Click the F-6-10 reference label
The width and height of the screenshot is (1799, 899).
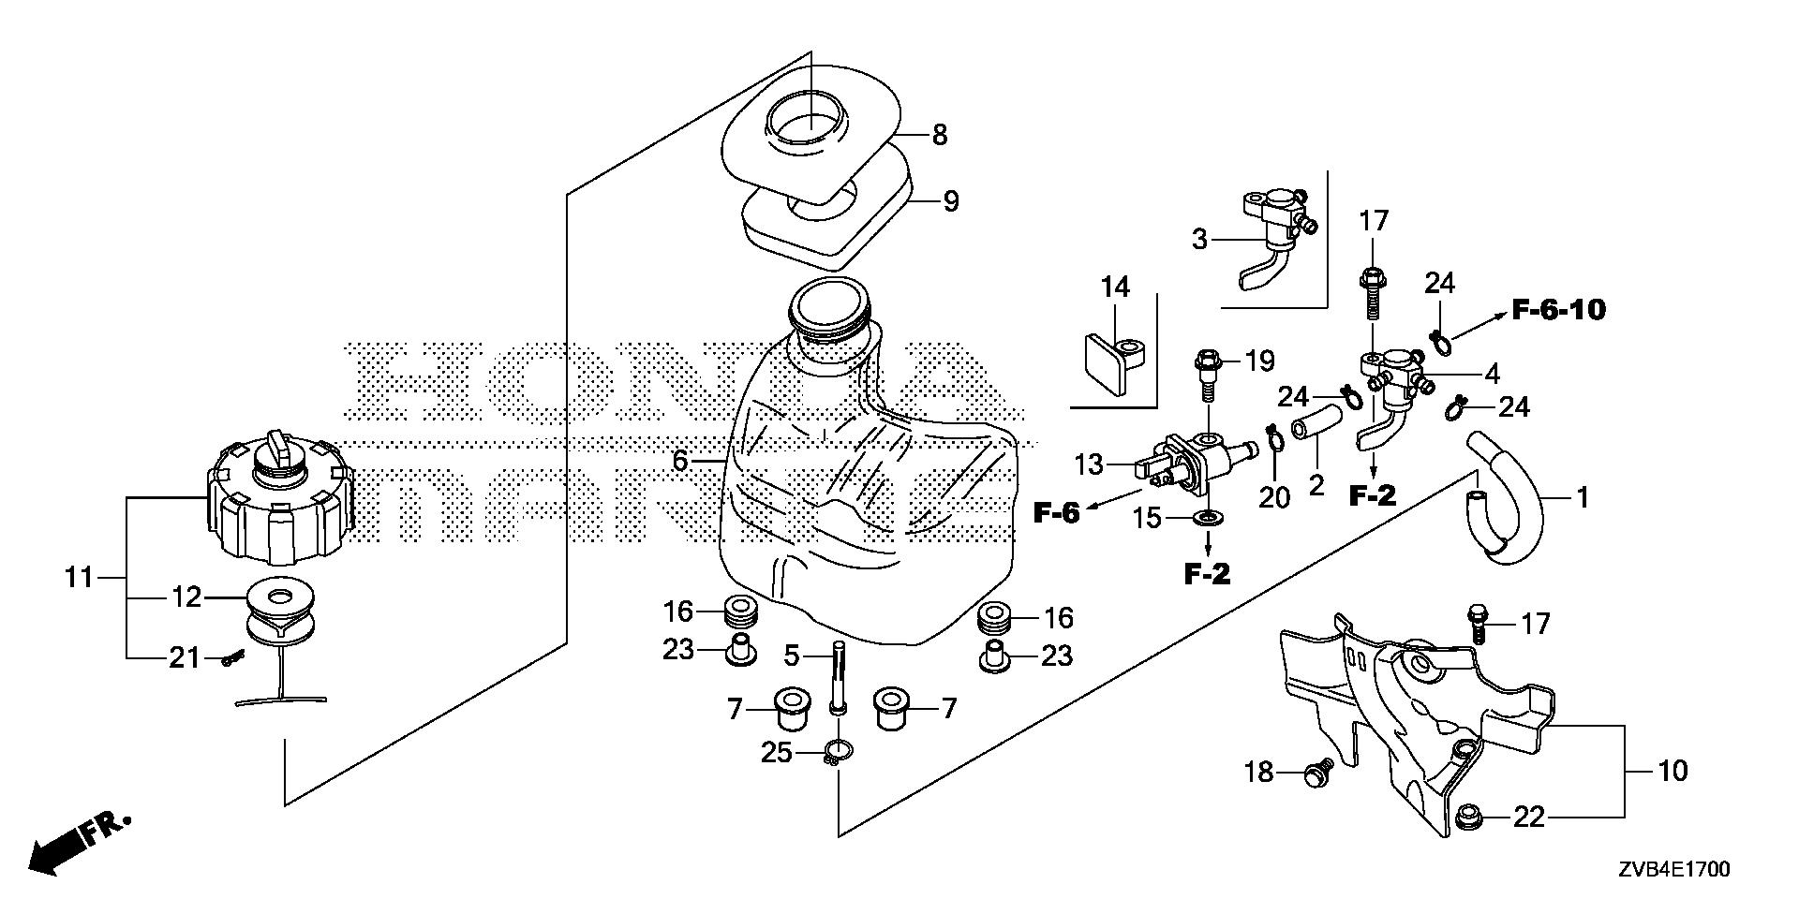pos(1557,309)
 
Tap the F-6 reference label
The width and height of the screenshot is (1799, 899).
pos(1057,512)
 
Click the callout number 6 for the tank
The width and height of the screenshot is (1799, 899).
pos(680,461)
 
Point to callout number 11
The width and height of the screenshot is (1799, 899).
pos(81,578)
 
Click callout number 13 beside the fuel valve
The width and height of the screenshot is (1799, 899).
pos(1090,464)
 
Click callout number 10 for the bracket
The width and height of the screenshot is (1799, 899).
pos(1672,771)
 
